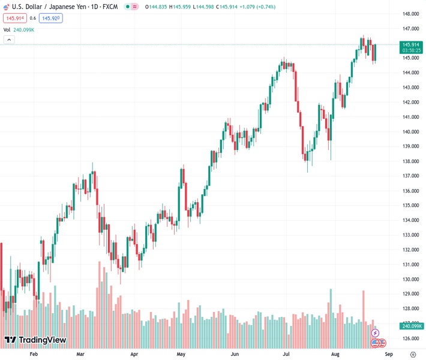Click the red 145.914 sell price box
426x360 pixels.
(x=15, y=18)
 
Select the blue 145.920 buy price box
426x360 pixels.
(x=51, y=18)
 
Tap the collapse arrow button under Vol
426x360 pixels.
(x=9, y=40)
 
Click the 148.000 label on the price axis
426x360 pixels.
(x=410, y=14)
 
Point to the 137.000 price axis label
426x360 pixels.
(x=410, y=176)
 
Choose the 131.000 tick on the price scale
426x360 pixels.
(x=410, y=265)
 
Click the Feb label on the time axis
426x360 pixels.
(x=34, y=354)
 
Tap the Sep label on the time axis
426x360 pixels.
(x=388, y=354)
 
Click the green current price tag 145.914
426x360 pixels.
(x=411, y=44)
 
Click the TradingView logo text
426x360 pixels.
(x=42, y=340)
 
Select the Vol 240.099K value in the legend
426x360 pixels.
(x=23, y=29)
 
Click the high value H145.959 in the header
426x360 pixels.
(x=184, y=7)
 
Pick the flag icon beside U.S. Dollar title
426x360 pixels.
(x=7, y=7)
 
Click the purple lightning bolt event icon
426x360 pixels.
(x=376, y=333)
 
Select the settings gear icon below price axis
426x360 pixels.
(x=412, y=354)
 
